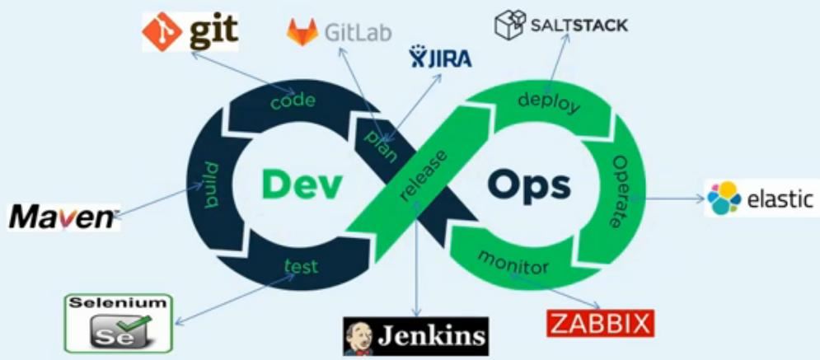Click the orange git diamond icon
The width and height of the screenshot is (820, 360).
pyautogui.click(x=162, y=31)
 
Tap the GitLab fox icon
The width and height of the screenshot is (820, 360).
pyautogui.click(x=302, y=33)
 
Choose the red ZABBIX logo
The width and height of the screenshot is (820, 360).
pyautogui.click(x=600, y=323)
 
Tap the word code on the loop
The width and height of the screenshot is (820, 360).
pyautogui.click(x=293, y=101)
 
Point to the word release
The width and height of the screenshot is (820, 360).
pyautogui.click(x=422, y=174)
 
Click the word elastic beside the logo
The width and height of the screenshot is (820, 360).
pyautogui.click(x=779, y=199)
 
